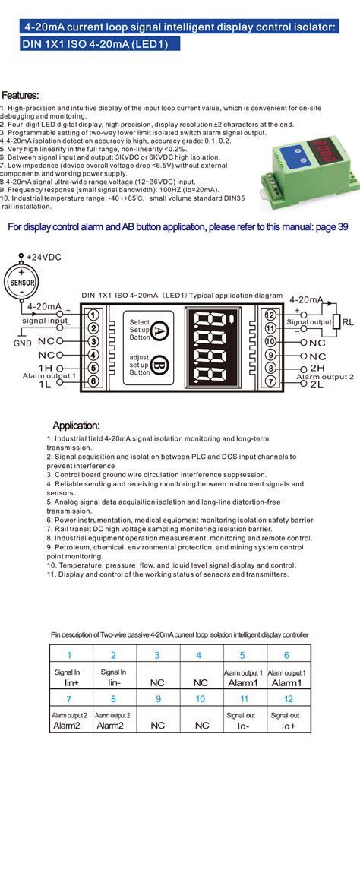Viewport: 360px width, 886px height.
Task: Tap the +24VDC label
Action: pos(43,258)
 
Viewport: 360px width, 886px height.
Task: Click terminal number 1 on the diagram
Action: pos(93,315)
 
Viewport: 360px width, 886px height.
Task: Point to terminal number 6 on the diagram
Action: pos(93,381)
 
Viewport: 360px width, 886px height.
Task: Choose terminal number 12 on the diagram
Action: pos(270,315)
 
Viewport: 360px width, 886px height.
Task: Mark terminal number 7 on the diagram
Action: pos(270,381)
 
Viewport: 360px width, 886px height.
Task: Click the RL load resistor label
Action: pos(346,321)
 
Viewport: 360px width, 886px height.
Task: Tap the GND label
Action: pos(22,343)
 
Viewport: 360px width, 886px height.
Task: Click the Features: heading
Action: pos(21,95)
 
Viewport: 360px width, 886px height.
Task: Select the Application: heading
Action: pos(76,425)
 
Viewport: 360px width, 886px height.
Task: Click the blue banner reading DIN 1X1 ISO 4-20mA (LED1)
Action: pos(100,44)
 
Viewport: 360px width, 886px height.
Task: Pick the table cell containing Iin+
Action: pos(68,682)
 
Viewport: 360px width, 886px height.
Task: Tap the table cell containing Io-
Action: pos(243,726)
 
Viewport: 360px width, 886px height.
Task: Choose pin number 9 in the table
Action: pos(157,698)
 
